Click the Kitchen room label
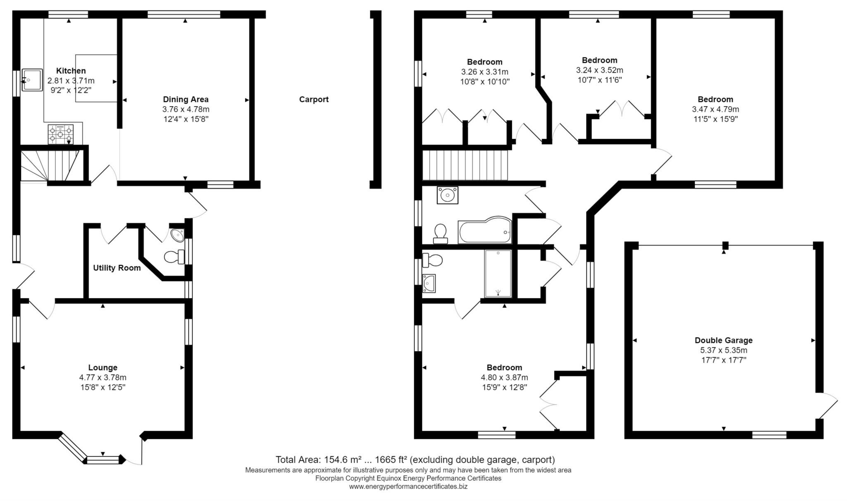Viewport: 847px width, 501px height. click(71, 71)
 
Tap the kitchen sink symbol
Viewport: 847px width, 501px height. click(32, 80)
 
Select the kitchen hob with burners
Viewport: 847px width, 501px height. click(60, 134)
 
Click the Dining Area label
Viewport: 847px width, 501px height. click(186, 99)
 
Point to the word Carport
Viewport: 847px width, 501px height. click(313, 99)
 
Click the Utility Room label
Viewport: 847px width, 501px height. click(117, 268)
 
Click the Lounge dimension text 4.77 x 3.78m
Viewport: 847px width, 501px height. click(103, 377)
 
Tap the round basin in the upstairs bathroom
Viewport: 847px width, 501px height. click(447, 195)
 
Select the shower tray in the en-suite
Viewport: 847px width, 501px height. click(498, 274)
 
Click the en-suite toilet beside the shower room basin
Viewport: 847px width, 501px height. click(433, 260)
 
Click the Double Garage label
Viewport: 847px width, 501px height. click(723, 340)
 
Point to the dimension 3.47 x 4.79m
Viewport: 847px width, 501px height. click(715, 110)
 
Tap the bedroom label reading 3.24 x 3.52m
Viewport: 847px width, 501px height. click(599, 70)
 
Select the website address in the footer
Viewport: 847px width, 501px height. click(408, 487)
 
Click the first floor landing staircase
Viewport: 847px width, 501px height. click(465, 165)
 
